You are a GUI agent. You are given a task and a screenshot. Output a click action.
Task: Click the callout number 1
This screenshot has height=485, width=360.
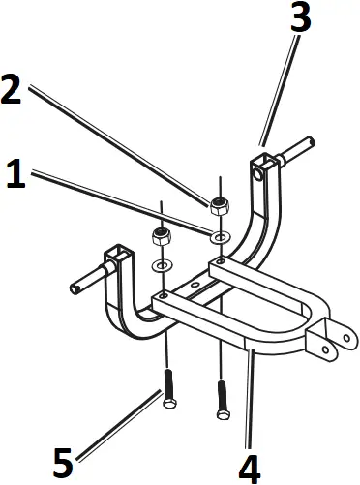[x=15, y=174]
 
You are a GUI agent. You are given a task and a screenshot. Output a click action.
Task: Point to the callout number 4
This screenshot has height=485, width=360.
[x=249, y=468]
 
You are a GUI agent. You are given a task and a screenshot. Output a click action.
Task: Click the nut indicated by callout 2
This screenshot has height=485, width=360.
[x=220, y=205]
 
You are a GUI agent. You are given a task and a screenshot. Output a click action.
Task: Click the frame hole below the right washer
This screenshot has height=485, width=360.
[x=222, y=261]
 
